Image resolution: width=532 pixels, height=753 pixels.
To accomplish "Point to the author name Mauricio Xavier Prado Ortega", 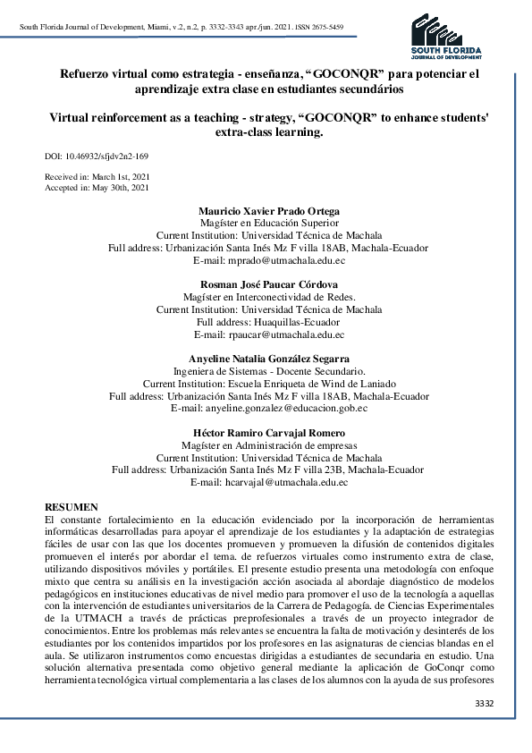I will click(268, 209).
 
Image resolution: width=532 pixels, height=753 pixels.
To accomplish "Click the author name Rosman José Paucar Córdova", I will click(268, 284).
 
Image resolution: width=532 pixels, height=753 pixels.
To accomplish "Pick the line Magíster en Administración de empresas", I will click(268, 445).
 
